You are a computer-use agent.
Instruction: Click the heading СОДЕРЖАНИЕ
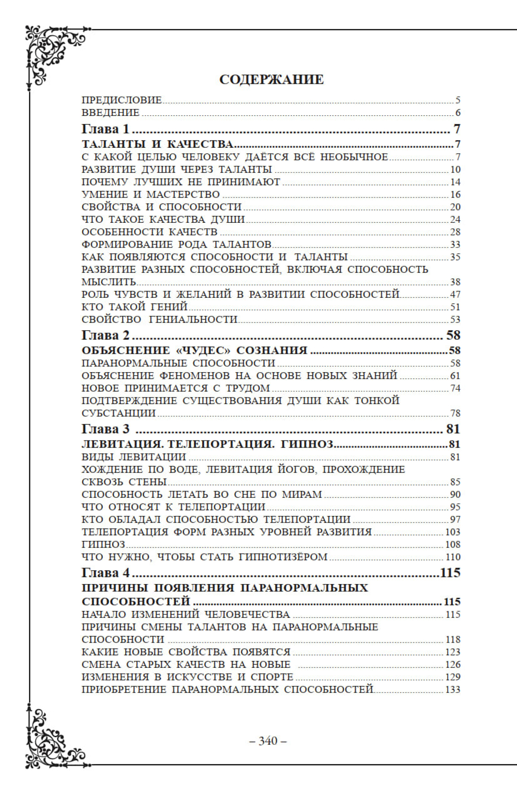point(271,80)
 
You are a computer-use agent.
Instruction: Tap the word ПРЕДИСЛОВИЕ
point(121,100)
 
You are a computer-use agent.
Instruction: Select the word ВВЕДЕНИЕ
point(111,112)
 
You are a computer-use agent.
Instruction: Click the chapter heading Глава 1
point(105,129)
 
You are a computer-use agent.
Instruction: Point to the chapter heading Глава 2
point(105,335)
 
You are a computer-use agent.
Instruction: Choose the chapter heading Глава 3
point(105,429)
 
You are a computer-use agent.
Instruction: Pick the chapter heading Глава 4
point(105,572)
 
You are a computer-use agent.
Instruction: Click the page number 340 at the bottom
point(268,741)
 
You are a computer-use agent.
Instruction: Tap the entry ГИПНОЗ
point(103,544)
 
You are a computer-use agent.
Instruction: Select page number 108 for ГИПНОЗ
point(452,544)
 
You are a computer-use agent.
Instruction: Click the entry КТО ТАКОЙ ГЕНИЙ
point(134,307)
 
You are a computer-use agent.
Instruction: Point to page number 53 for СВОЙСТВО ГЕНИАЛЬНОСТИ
point(455,319)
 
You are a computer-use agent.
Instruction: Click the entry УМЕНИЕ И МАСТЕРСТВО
point(150,194)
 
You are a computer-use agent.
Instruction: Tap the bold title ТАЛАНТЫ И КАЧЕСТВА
point(158,144)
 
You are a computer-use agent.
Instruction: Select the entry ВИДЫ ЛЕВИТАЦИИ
point(134,457)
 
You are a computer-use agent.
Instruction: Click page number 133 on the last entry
point(452,689)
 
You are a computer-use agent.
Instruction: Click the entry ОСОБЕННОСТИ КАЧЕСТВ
point(149,232)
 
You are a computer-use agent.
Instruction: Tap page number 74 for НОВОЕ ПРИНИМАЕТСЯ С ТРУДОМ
point(455,388)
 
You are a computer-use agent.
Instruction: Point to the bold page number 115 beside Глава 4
point(450,572)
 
